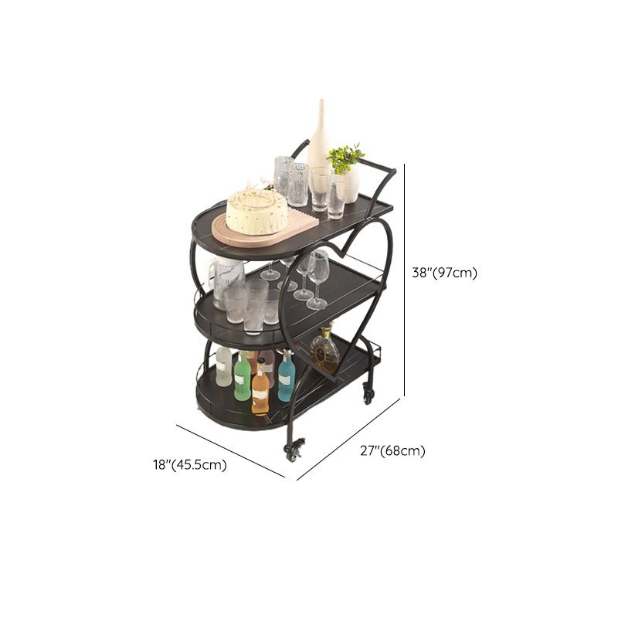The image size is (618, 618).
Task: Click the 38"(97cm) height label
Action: pyautogui.click(x=445, y=273)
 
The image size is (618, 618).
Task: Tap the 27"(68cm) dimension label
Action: pyautogui.click(x=392, y=450)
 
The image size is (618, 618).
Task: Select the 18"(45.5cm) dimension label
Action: pyautogui.click(x=190, y=465)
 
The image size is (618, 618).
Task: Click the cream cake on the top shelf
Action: pyautogui.click(x=256, y=212)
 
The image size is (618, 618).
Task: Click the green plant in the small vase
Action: pyautogui.click(x=345, y=157)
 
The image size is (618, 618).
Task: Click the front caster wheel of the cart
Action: pyautogui.click(x=294, y=450)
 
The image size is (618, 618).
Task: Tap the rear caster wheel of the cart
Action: pyautogui.click(x=368, y=396)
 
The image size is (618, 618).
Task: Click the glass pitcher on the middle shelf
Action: pyautogui.click(x=227, y=281)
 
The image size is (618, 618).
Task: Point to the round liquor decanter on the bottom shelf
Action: pyautogui.click(x=324, y=349)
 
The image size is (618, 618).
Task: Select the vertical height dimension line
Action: pyautogui.click(x=405, y=280)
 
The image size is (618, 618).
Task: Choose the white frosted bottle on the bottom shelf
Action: pyautogui.click(x=224, y=366)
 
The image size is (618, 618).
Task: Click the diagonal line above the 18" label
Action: pyautogui.click(x=230, y=451)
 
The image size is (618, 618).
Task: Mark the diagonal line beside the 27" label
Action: pyautogui.click(x=348, y=440)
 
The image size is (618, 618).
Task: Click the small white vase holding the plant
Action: pyautogui.click(x=349, y=186)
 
